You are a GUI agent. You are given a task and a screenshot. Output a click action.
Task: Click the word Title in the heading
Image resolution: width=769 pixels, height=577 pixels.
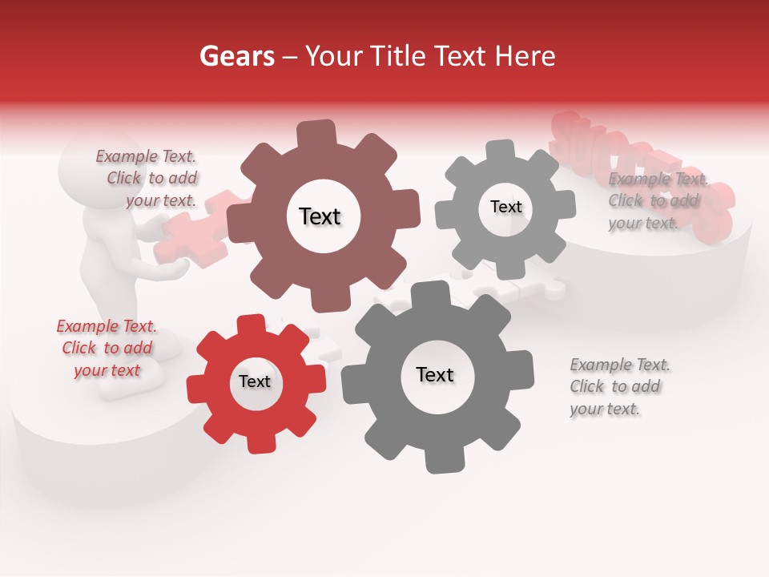click(x=397, y=56)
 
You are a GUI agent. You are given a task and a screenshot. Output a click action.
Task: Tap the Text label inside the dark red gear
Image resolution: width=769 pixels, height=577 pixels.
click(x=320, y=216)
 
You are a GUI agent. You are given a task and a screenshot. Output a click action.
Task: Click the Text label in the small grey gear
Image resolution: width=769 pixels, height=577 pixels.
click(x=505, y=207)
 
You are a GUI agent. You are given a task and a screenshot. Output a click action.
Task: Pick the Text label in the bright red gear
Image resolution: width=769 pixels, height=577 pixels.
click(x=255, y=381)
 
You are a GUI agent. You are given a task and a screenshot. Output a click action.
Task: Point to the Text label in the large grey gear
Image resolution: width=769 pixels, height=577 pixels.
click(x=435, y=374)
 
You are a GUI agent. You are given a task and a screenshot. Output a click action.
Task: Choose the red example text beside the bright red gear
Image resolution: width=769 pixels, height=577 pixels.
click(x=107, y=349)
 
